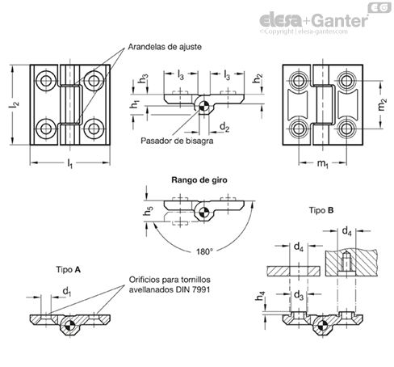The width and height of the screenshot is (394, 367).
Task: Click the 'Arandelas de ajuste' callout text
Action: pyautogui.click(x=165, y=47)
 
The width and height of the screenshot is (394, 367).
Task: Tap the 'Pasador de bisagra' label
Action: pyautogui.click(x=177, y=141)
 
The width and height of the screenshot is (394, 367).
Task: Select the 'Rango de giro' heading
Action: pyautogui.click(x=199, y=180)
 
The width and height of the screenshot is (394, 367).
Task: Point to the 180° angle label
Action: pyautogui.click(x=204, y=251)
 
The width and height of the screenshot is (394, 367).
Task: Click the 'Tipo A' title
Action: pyautogui.click(x=69, y=270)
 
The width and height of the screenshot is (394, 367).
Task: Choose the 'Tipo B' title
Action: pyautogui.click(x=321, y=210)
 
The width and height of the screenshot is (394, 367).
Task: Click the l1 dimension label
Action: pyautogui.click(x=69, y=163)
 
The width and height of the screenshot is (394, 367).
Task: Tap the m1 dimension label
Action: pyautogui.click(x=322, y=163)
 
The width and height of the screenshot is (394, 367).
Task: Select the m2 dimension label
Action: pyautogui.click(x=382, y=105)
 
